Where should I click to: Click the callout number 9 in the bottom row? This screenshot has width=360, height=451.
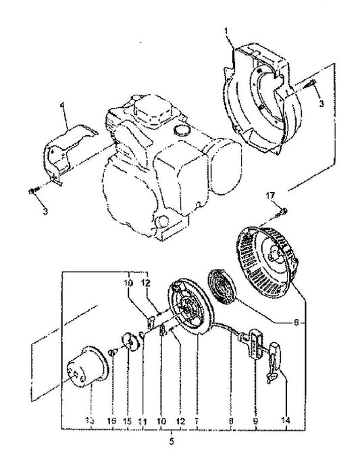255,420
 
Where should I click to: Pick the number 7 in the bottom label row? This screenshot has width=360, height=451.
197,420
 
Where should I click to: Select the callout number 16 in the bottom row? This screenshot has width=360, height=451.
112,420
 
